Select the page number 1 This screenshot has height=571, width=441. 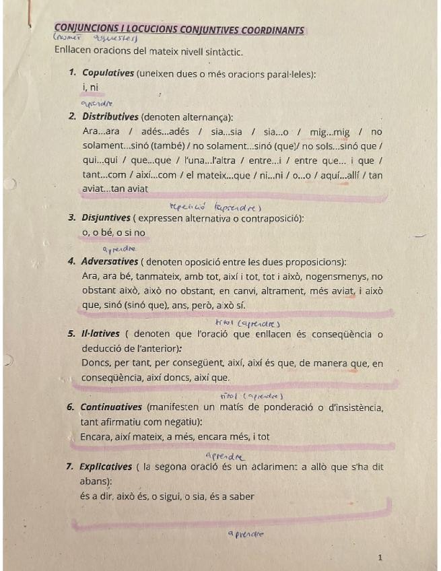380,558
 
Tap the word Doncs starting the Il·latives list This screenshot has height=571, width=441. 94,364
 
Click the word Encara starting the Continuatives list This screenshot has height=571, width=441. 96,437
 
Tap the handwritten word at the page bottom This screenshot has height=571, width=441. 246,534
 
